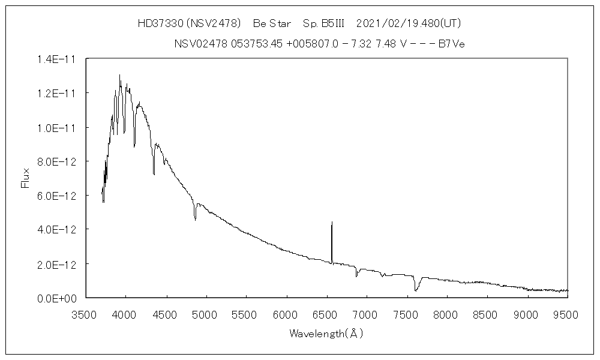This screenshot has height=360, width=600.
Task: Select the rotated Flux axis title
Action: [x=25, y=178]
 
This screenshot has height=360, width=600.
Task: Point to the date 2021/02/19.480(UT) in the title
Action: [x=408, y=24]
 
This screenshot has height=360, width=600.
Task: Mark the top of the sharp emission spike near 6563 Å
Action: [x=332, y=222]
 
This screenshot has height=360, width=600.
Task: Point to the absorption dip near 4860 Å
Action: [x=195, y=220]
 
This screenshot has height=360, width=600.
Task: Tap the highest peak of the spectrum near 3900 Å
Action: [x=119, y=76]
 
